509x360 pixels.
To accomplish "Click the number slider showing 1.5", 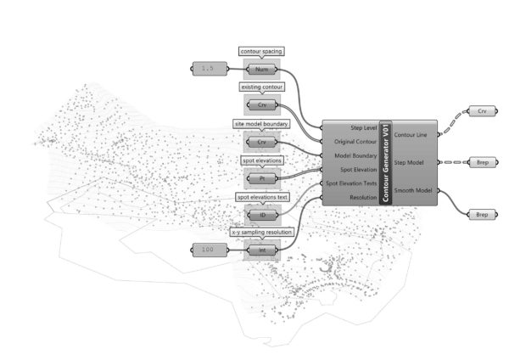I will point(208,68).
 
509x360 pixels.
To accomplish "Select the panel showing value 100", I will point(208,250).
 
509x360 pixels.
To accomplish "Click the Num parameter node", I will point(261,68).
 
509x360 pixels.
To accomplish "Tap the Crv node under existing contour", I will point(261,105).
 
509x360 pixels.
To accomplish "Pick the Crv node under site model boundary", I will point(261,142).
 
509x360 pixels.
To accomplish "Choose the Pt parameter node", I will point(261,179).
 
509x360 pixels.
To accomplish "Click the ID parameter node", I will point(261,215).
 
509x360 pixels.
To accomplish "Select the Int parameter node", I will point(261,250).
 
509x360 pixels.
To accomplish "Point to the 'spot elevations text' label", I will point(261,198).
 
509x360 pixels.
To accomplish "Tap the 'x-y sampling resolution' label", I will point(261,232).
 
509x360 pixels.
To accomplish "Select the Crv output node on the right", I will point(482,111).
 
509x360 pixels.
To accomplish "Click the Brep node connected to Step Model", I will point(482,161).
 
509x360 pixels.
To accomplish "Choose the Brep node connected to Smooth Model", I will point(482,215).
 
